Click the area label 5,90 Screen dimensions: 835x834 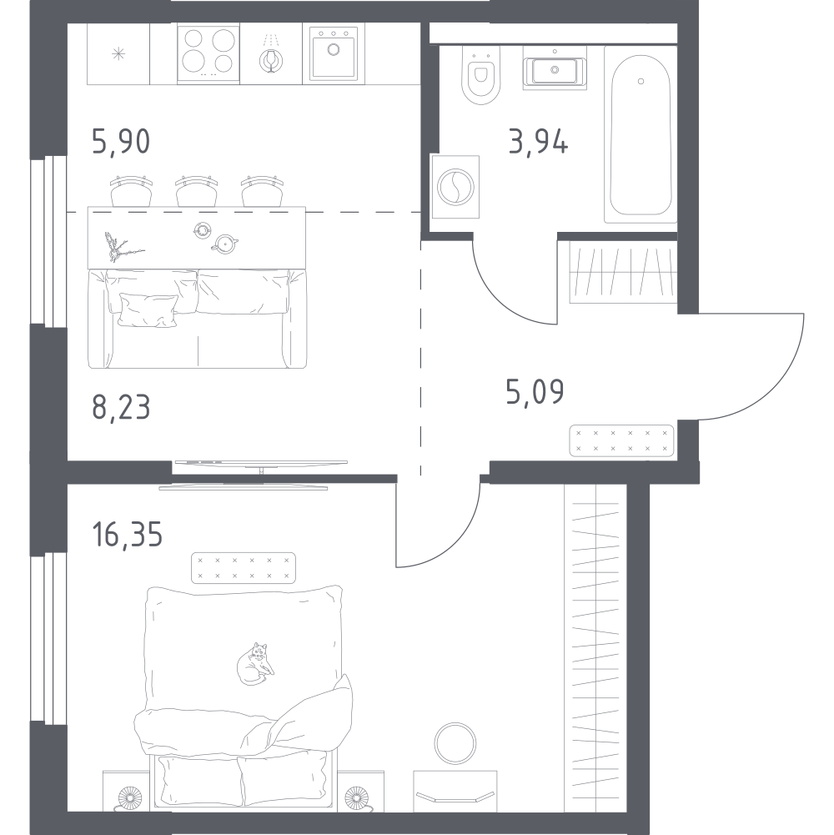pos(121,142)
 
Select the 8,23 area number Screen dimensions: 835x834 pos(121,409)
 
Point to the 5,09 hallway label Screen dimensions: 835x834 pos(535,390)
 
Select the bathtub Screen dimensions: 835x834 pos(640,142)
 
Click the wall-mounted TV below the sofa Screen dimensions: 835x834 pos(261,465)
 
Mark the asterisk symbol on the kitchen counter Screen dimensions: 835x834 pos(119,55)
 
